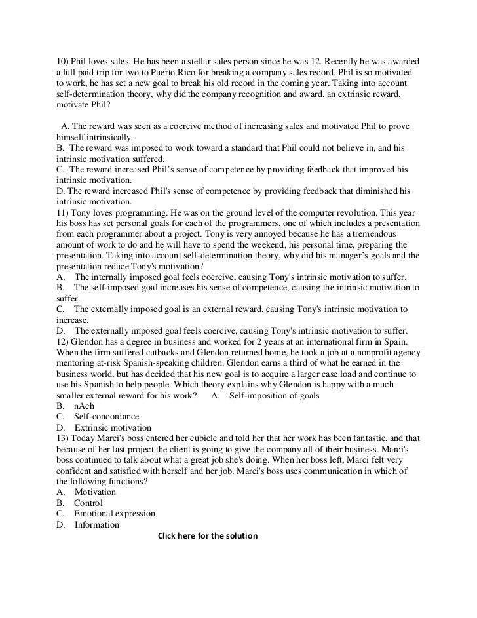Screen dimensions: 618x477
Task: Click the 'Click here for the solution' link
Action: (208, 536)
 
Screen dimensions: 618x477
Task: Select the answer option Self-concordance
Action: (107, 417)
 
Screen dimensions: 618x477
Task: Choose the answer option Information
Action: (97, 525)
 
